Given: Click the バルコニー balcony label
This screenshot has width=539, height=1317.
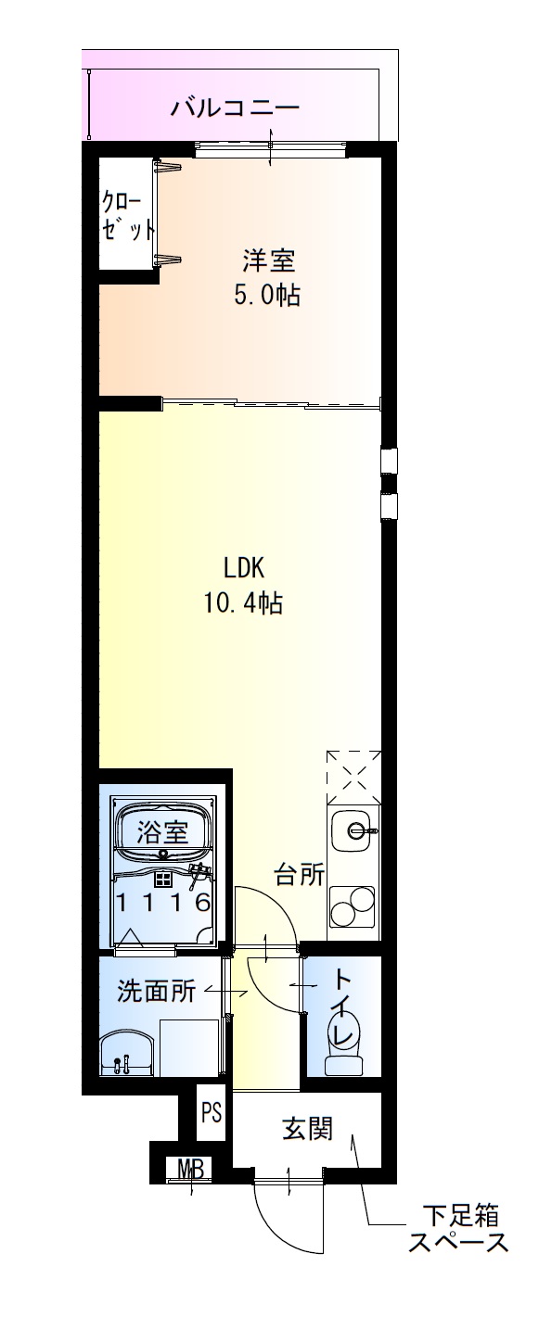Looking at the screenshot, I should click(235, 108).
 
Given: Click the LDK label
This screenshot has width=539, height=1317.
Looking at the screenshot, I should click(244, 566).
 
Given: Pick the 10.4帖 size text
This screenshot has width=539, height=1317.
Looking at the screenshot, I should click(244, 603).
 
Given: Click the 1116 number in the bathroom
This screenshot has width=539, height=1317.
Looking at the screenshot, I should click(162, 901).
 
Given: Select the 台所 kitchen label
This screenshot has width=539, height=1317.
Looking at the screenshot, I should click(299, 874).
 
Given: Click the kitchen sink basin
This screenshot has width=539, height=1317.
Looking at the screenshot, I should click(353, 829).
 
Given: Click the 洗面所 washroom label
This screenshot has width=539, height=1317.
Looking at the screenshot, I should click(156, 991).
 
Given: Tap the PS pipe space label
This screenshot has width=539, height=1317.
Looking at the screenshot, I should click(212, 1112).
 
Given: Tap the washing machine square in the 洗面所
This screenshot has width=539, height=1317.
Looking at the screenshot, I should click(189, 1047).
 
